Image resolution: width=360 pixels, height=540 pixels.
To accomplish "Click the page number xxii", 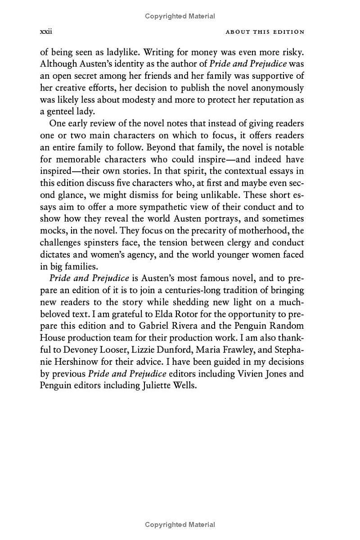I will point(46,32).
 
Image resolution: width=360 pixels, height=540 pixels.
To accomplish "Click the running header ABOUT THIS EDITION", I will point(265,32).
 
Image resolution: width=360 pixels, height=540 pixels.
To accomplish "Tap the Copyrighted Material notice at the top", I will point(180,16).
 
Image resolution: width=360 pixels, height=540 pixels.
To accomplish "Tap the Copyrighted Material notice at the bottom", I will point(180,524).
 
